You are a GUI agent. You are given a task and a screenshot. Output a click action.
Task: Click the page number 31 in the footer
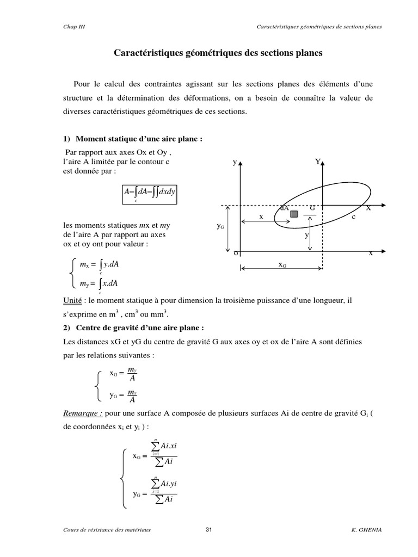209,530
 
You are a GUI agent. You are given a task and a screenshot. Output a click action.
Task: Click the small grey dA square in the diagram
294,214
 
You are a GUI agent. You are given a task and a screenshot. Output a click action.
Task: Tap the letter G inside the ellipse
312,208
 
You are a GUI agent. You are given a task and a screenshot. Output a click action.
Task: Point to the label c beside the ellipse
353,216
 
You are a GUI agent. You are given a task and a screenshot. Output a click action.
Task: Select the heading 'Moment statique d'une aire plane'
139,139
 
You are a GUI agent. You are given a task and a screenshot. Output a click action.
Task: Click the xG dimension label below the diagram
283,264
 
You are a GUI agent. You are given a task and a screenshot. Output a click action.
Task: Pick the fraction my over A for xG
132,375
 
